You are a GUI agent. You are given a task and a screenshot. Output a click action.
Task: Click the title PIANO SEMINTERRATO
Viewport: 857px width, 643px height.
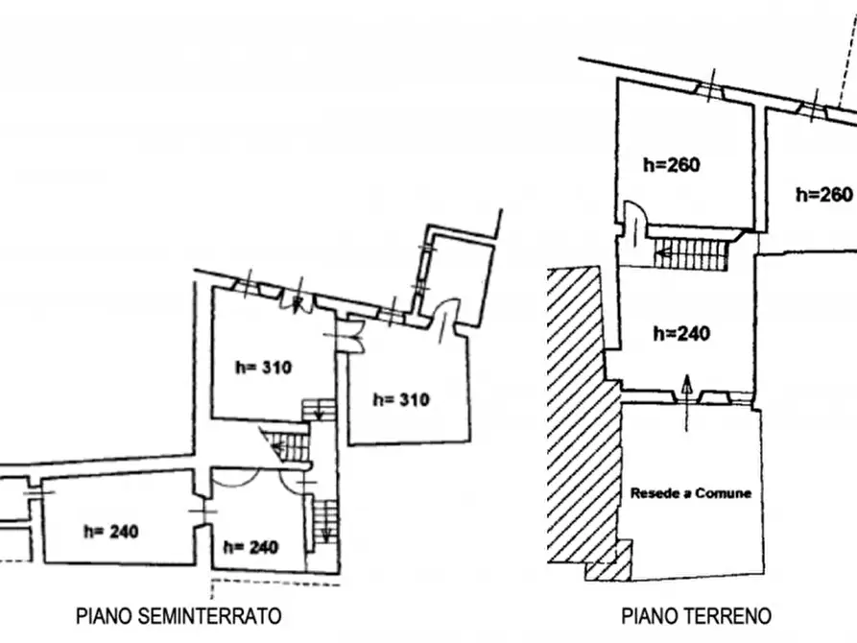[179, 616]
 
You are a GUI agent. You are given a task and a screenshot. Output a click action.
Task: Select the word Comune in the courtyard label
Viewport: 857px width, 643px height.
[724, 493]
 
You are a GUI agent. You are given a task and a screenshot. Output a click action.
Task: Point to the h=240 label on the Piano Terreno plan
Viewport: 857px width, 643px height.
[681, 333]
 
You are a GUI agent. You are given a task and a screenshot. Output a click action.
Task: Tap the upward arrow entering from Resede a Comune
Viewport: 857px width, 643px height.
[687, 403]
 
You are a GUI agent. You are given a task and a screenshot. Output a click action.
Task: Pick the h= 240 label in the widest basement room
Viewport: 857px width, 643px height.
[111, 531]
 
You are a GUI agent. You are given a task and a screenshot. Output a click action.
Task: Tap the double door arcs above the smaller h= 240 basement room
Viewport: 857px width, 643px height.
[256, 480]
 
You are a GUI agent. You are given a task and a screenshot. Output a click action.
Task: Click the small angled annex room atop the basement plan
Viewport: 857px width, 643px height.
[457, 276]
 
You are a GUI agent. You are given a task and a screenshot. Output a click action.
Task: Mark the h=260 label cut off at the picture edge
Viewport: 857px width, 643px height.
[824, 194]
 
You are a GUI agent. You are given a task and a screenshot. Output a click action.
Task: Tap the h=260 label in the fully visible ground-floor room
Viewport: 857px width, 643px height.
[671, 164]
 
